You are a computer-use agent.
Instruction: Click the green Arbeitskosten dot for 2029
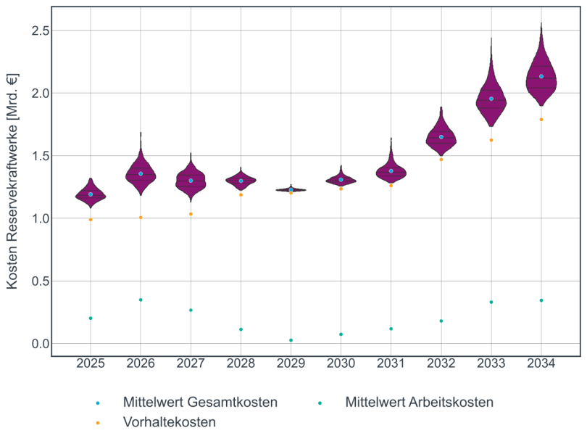[x=291, y=340]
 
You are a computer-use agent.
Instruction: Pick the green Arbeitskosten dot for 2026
[x=141, y=300]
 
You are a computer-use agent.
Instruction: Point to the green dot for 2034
[x=541, y=300]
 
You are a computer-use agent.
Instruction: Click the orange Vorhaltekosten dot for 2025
[x=91, y=220]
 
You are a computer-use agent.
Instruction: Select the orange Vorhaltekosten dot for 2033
[x=491, y=140]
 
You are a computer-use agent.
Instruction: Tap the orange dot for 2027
[x=191, y=214]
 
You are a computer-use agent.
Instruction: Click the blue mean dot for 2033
[x=491, y=99]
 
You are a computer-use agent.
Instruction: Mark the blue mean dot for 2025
[x=91, y=194]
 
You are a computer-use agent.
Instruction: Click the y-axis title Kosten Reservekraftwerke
[x=12, y=181]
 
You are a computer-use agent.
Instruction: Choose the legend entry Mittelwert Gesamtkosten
[x=200, y=402]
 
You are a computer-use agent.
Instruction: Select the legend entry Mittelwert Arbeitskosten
[x=419, y=402]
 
